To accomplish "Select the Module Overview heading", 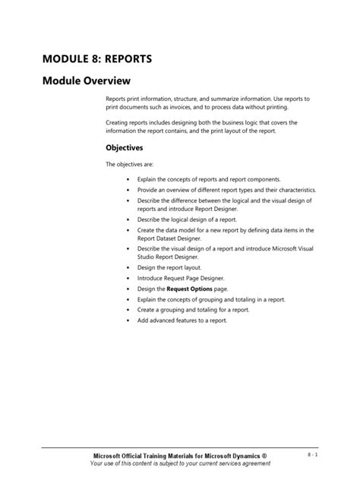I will tap(87, 81).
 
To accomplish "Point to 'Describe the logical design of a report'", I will tap(187, 219).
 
